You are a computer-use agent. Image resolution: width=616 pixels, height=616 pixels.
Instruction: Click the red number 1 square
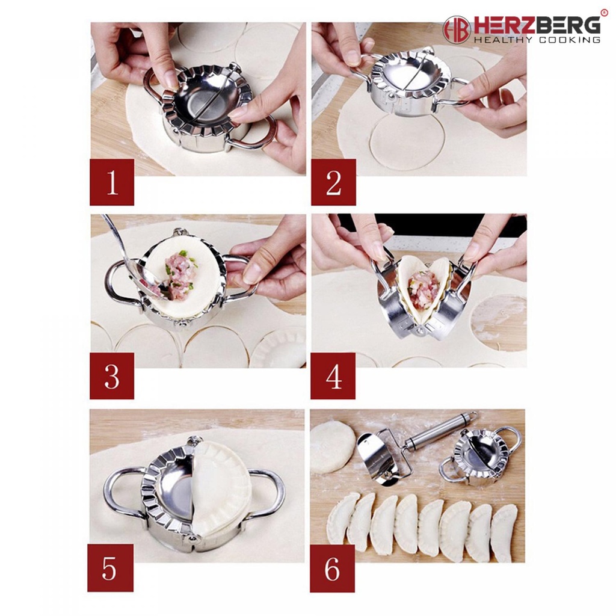pos(112,182)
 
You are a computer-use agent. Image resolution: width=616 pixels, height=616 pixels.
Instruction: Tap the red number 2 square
pos(333,182)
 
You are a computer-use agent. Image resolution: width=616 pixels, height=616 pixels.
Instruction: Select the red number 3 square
pos(112,376)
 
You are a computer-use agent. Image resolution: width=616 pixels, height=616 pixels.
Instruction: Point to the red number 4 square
pos(333,376)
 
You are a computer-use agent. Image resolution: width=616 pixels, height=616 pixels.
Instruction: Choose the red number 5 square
pos(111,568)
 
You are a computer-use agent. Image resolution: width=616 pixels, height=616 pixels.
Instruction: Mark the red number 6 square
pos(332,568)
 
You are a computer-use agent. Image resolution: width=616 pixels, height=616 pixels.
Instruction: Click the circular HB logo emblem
pos(457,30)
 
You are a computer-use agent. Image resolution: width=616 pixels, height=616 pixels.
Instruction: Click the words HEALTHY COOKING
pos(537,40)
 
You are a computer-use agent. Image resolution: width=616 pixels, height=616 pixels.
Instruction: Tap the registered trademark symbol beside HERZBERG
pos(604,13)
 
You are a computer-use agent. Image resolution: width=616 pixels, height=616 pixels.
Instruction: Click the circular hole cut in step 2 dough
pos(407,142)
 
